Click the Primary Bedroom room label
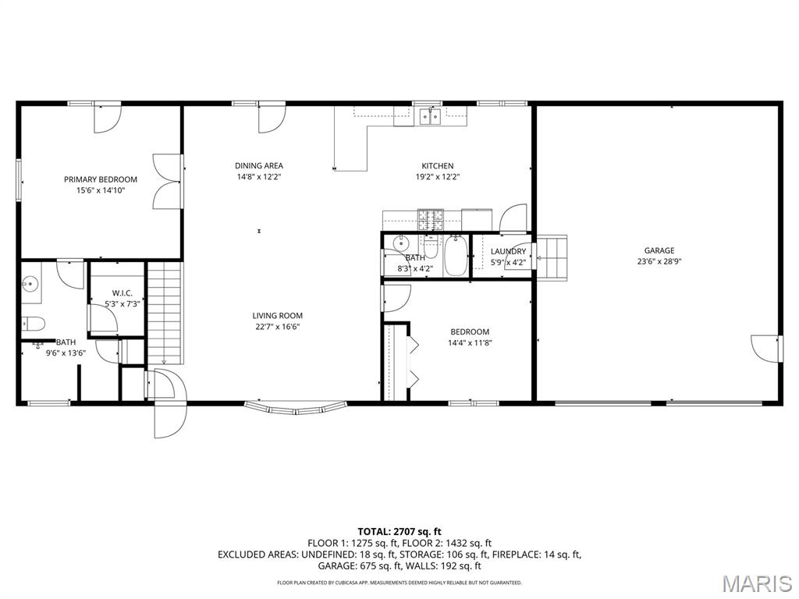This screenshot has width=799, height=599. (100, 179)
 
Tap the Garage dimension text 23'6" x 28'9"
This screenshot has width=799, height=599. (659, 262)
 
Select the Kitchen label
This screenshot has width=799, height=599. (437, 165)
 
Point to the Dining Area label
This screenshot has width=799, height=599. (259, 165)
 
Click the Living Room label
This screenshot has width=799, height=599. (276, 316)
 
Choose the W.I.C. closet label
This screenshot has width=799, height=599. (122, 293)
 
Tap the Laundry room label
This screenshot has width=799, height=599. (507, 250)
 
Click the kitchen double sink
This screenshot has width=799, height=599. (429, 117)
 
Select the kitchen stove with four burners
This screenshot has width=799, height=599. (429, 220)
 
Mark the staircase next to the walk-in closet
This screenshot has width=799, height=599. (165, 312)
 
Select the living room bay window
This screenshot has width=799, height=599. (296, 406)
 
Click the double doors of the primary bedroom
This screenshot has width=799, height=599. (168, 182)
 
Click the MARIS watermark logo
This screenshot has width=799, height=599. (756, 584)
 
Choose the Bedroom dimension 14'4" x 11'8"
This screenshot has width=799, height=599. (469, 342)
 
